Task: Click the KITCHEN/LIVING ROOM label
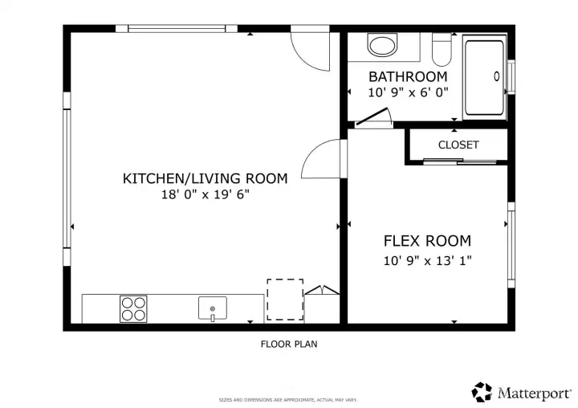[x=204, y=178]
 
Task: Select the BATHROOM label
[x=407, y=77]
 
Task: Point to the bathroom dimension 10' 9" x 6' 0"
[x=407, y=92]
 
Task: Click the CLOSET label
[x=458, y=145]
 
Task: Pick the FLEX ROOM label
[x=427, y=241]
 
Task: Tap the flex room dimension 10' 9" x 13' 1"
[x=427, y=259]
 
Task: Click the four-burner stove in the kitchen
[x=133, y=308]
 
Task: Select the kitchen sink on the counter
[x=213, y=308]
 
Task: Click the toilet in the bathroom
[x=442, y=51]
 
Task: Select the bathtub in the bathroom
[x=484, y=76]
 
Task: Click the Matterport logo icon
[x=482, y=392]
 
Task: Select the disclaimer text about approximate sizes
[x=288, y=399]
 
